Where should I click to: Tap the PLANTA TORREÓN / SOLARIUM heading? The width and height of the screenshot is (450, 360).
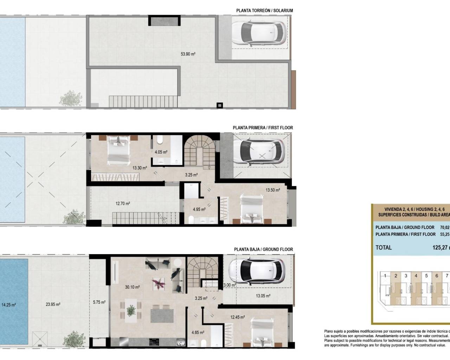point(264,11)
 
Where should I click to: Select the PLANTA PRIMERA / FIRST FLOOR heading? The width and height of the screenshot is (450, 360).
point(263,128)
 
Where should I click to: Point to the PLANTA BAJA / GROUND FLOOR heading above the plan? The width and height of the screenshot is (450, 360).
point(263,249)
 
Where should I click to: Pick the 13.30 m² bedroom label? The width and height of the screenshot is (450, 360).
point(140,168)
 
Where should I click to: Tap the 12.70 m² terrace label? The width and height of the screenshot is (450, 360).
point(123,203)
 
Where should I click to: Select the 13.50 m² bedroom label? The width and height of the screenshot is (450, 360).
point(273,190)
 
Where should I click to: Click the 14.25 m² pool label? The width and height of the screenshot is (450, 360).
point(9,305)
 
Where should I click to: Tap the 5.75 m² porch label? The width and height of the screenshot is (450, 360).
point(99,302)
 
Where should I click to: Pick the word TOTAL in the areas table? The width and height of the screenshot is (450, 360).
point(384,247)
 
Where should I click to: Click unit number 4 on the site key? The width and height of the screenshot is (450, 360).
point(416,276)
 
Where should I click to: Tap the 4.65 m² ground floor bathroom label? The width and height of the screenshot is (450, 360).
point(198,332)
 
